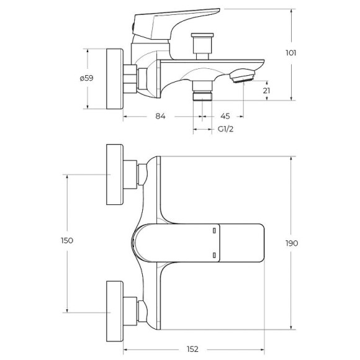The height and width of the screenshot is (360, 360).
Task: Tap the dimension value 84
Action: [160, 115]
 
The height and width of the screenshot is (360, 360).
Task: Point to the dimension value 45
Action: [225, 115]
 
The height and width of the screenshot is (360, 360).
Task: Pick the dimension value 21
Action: [266, 91]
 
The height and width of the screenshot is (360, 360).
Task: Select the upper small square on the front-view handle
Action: [214, 230]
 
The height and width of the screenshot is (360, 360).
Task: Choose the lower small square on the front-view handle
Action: [214, 254]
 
